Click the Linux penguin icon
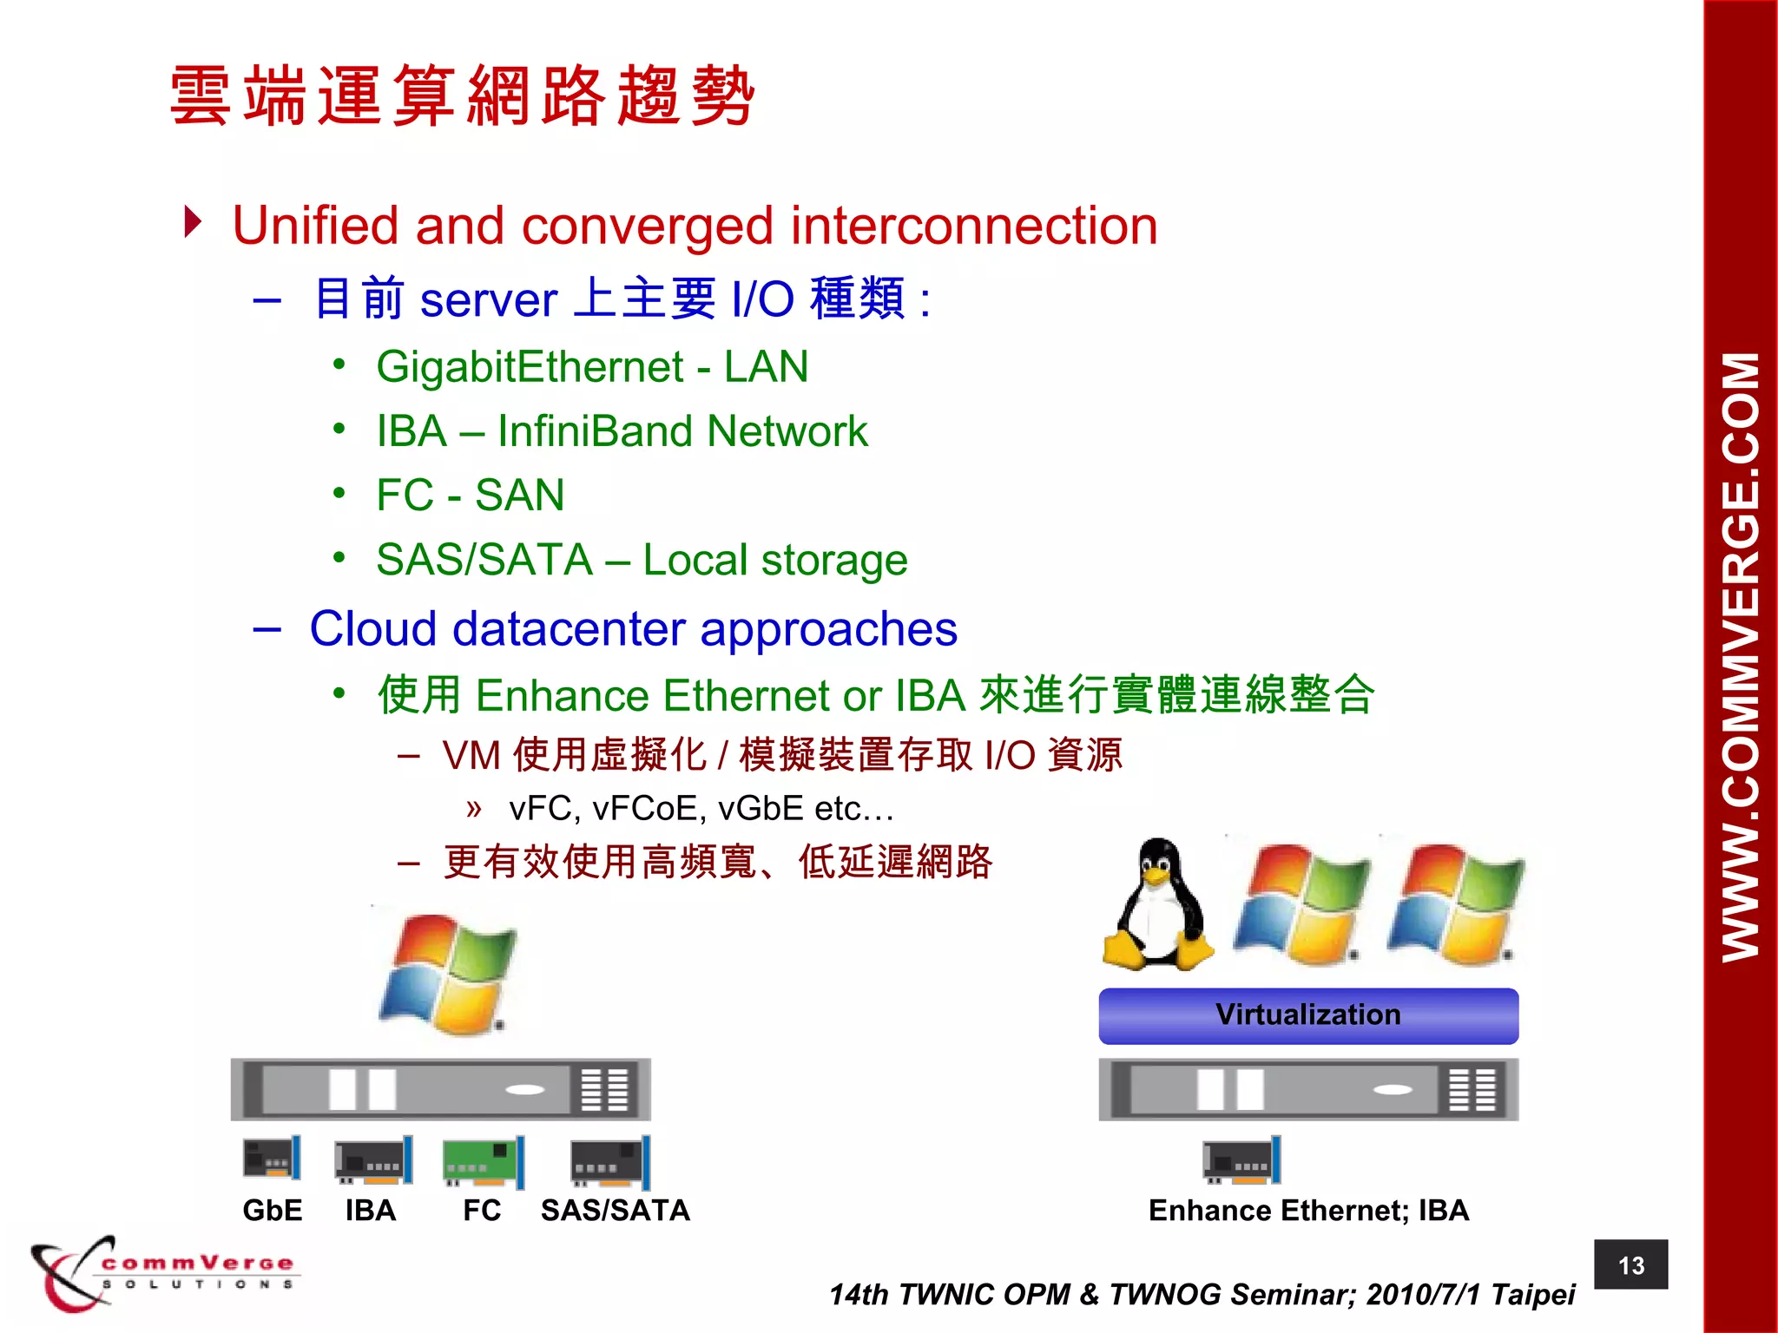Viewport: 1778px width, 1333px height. click(x=1157, y=906)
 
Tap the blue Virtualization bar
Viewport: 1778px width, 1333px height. click(x=1307, y=1015)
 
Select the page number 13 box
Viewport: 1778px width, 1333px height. click(x=1630, y=1264)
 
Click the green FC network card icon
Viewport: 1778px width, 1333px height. click(x=483, y=1161)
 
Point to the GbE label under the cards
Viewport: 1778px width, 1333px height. click(x=273, y=1210)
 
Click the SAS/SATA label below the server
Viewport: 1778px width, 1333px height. click(x=615, y=1210)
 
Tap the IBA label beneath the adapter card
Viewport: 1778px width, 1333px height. click(x=371, y=1210)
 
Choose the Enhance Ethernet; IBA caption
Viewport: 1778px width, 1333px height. click(x=1308, y=1210)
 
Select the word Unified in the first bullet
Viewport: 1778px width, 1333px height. click(x=316, y=226)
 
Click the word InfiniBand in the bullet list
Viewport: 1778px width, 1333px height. click(x=595, y=431)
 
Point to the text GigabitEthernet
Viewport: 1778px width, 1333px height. click(x=530, y=367)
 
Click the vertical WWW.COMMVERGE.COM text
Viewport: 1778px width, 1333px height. click(x=1740, y=657)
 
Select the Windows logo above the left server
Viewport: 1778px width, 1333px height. click(x=448, y=974)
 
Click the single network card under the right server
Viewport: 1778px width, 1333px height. click(x=1241, y=1160)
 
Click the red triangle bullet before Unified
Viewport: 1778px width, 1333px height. click(x=193, y=222)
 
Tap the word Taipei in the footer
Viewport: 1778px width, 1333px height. click(x=1532, y=1294)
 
